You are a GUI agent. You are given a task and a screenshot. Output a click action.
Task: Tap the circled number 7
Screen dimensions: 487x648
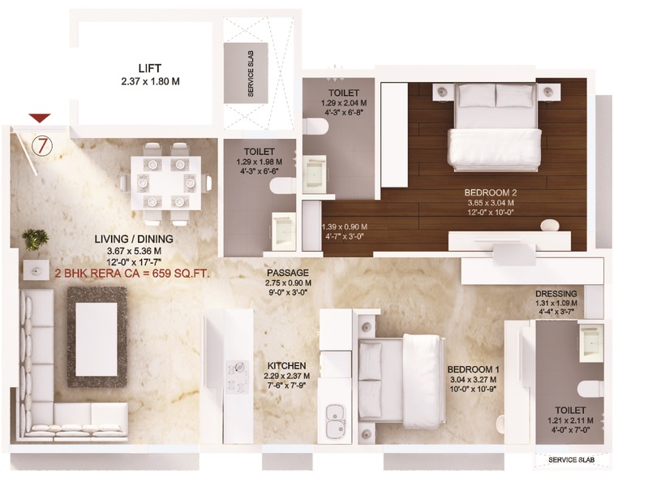click(42, 145)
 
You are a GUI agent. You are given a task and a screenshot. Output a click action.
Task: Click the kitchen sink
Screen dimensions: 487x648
click(334, 422)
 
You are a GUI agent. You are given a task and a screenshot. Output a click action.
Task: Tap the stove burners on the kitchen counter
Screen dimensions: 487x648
click(238, 376)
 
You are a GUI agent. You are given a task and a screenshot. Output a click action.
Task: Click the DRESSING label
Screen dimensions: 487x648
click(556, 294)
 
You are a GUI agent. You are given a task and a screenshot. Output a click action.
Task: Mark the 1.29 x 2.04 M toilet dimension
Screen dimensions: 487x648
click(338, 105)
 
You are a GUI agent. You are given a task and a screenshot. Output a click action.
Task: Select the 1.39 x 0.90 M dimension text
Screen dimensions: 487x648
click(345, 226)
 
